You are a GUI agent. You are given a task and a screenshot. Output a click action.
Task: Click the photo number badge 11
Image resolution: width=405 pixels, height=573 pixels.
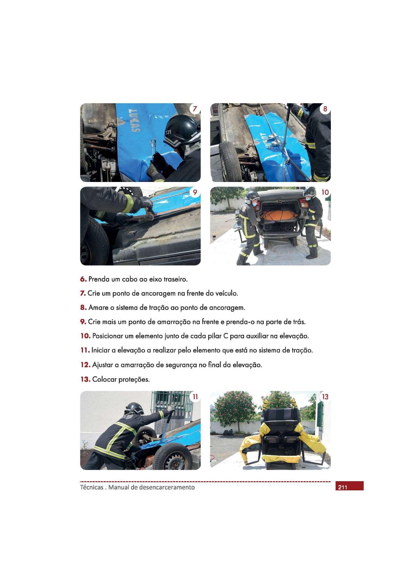click(195, 397)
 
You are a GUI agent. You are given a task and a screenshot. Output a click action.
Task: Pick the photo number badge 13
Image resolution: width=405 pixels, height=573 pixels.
click(325, 397)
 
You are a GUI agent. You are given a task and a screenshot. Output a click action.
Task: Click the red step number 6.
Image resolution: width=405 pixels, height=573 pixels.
click(83, 280)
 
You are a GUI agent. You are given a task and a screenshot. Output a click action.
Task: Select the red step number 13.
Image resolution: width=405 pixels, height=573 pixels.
click(85, 380)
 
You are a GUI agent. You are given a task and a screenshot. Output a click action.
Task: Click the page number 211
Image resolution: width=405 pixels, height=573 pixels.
click(343, 488)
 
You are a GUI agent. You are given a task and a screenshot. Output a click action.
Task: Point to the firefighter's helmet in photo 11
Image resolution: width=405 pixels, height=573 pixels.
click(135, 408)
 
